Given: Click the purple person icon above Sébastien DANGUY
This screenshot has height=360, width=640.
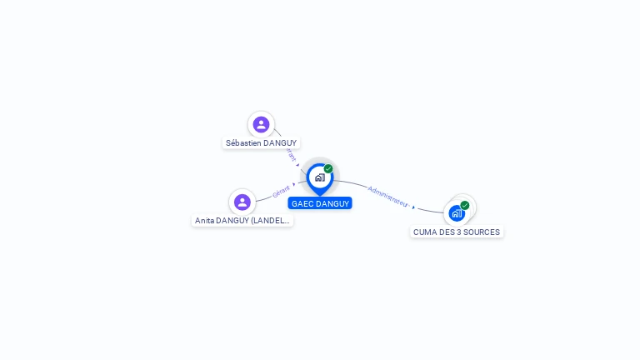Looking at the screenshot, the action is [261, 124].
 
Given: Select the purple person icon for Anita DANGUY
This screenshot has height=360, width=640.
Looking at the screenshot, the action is [242, 202].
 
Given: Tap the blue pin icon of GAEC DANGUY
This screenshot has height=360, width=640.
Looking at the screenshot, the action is [319, 177].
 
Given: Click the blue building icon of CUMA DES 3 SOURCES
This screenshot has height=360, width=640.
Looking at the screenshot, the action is [457, 212].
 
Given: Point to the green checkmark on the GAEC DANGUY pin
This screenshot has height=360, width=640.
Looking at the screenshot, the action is [328, 168].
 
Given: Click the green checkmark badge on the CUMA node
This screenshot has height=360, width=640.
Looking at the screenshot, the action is [465, 205].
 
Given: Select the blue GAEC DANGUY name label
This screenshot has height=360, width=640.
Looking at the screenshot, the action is [320, 203].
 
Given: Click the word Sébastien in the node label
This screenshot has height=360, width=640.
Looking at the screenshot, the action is [243, 143].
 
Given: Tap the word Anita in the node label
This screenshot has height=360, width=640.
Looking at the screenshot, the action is [204, 221].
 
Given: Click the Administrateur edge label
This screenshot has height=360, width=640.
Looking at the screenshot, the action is [387, 196].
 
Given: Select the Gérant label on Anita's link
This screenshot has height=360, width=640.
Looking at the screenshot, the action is [281, 192].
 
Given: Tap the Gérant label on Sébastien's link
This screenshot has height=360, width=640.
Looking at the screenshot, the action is [290, 152].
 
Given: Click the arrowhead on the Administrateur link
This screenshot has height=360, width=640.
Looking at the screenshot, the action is [413, 206].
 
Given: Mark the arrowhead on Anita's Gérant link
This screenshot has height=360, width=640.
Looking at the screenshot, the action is [294, 185].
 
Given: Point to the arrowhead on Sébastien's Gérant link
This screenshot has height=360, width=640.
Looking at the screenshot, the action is [297, 164].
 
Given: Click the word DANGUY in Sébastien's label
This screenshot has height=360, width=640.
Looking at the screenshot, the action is [280, 143].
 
